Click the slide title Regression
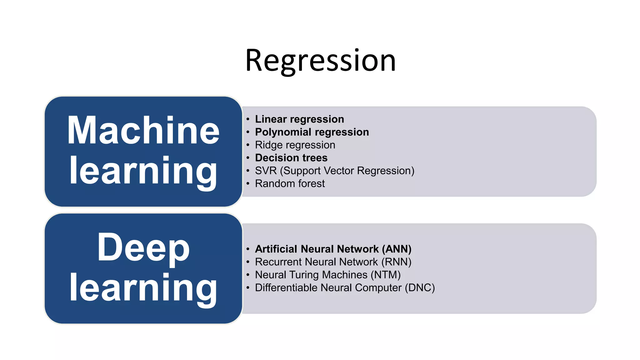(320, 61)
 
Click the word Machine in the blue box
(143, 131)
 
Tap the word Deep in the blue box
(143, 247)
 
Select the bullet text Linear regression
(299, 119)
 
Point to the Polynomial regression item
(312, 132)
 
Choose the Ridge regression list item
(295, 145)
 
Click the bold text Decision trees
(291, 158)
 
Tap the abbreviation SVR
(266, 171)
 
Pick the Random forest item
(290, 184)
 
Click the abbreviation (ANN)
(397, 249)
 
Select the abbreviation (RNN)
(396, 262)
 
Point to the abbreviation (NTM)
(386, 275)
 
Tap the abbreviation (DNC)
(420, 288)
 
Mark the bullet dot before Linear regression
(248, 119)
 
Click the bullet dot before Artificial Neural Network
(248, 249)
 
